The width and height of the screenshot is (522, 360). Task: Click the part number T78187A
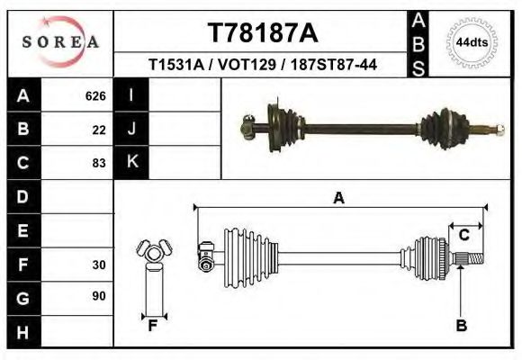tap(262, 33)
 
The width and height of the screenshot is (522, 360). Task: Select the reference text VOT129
tap(261, 65)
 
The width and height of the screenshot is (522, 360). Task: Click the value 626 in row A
tap(95, 96)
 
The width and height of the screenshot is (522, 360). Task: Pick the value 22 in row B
tap(99, 130)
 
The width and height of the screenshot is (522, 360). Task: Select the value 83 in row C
tap(99, 164)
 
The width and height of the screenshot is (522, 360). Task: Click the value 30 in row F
tap(99, 265)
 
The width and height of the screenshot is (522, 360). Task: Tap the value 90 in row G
tap(99, 297)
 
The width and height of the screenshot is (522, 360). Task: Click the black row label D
tap(22, 197)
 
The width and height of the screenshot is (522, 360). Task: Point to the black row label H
tap(22, 331)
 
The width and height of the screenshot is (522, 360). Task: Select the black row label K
tap(131, 163)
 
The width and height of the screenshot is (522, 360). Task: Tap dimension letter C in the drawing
tap(464, 236)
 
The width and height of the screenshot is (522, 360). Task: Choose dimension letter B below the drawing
tap(461, 326)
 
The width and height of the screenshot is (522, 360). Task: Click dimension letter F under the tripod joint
tap(153, 326)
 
